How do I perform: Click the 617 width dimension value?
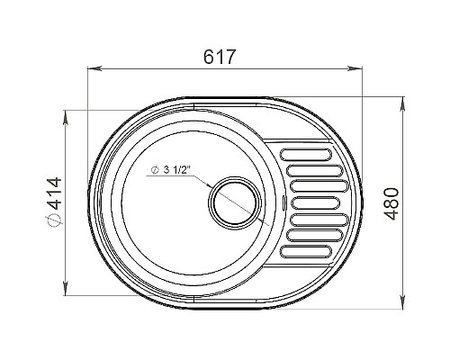coord(219,57)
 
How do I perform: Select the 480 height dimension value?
coord(391,204)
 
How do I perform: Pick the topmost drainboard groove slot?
coord(306,154)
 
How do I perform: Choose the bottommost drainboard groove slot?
coord(306,252)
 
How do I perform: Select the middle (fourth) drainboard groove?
coord(315,203)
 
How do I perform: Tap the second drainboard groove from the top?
coord(314,170)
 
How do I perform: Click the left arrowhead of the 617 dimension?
coord(93,68)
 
